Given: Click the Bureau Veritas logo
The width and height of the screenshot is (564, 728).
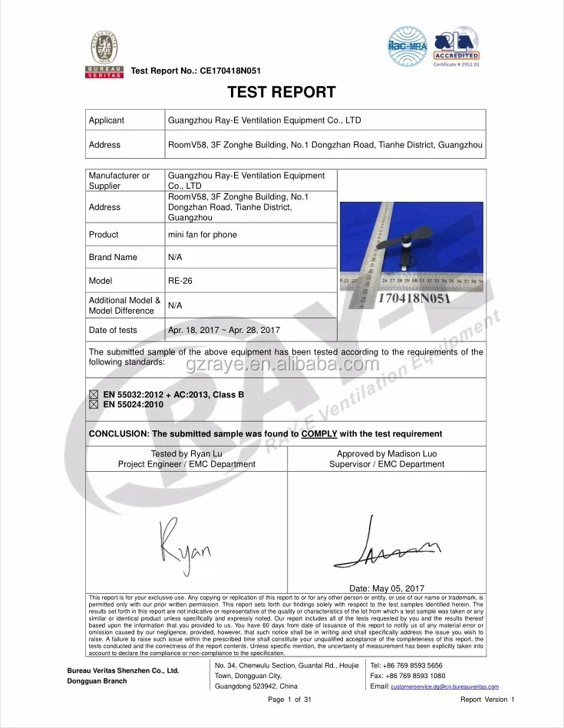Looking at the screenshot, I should coord(103,54).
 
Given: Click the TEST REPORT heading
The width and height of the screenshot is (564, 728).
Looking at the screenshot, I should coord(282,93).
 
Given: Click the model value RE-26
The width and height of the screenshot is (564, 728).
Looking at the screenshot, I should coord(180,281).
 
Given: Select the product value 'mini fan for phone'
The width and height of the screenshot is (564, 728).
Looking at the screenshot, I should coord(203,235).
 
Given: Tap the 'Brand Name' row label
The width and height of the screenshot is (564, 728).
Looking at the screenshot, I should coord(113,257).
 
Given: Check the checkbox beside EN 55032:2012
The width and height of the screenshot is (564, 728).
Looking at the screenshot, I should coord(94,394).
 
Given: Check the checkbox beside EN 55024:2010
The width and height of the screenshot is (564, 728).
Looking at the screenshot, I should coord(94,404).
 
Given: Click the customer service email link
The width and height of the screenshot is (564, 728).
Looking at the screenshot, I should coord(445,687).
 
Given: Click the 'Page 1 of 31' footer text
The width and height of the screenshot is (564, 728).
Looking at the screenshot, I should coord(289,700).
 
